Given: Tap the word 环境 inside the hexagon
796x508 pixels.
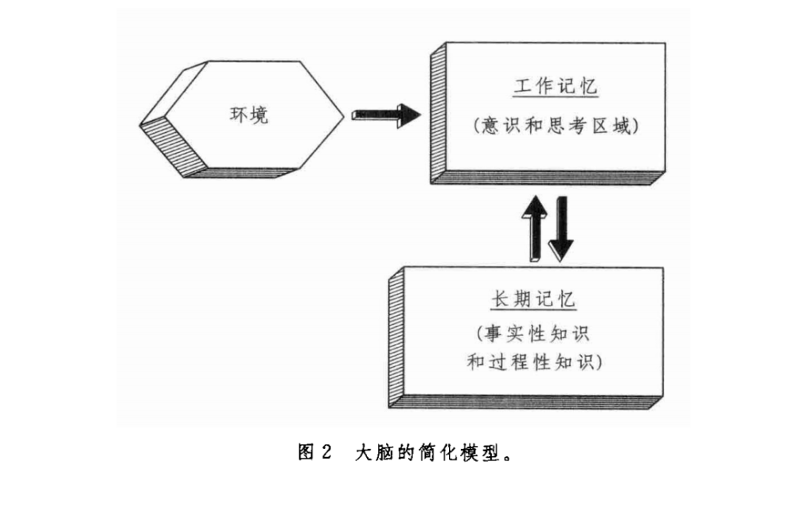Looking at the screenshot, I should coord(249,115).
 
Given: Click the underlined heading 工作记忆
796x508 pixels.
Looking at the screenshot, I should coord(556,87).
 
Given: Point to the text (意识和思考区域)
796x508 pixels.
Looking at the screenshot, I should coord(556,126).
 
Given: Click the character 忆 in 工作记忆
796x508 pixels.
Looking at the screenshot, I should coord(586,87).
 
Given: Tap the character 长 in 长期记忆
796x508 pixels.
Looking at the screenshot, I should coord(499,300).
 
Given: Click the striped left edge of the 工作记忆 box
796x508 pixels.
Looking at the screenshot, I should coord(435,115).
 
